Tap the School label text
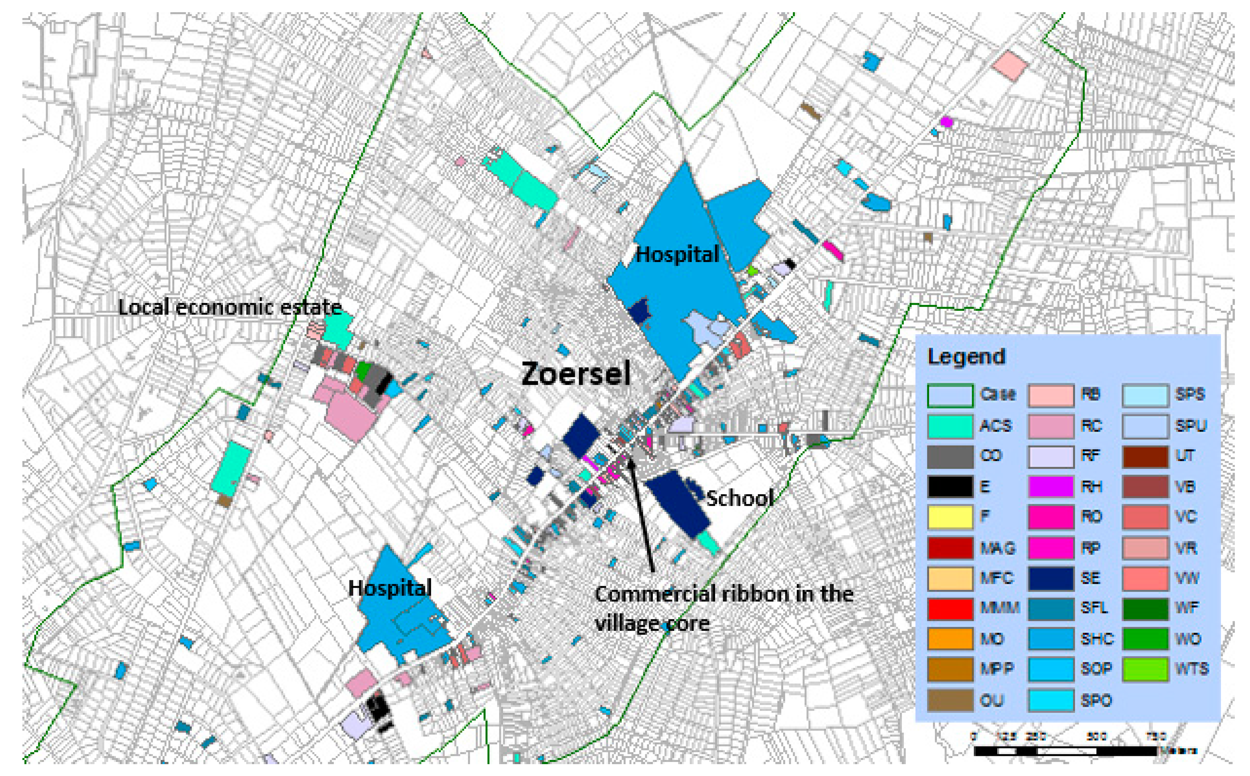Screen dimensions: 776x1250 click(x=739, y=498)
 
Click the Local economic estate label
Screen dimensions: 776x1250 click(x=230, y=308)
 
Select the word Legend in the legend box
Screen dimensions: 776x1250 click(x=966, y=356)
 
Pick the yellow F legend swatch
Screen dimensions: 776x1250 click(x=950, y=517)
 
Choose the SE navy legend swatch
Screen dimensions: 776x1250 click(x=1051, y=578)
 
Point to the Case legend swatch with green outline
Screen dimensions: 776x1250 click(x=950, y=395)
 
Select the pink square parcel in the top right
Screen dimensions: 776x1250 click(x=1009, y=65)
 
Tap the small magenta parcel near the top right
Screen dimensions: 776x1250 click(x=946, y=122)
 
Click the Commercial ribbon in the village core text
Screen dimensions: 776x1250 click(x=724, y=609)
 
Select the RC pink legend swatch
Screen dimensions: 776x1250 click(x=1051, y=426)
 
